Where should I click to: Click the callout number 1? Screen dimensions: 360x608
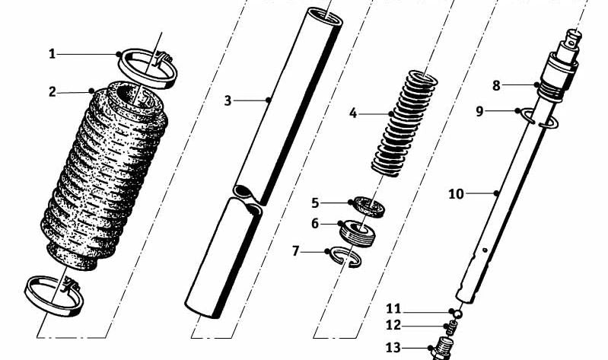[x=53, y=53]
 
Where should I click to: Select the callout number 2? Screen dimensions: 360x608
[x=53, y=92]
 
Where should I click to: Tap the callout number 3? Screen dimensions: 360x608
[x=228, y=100]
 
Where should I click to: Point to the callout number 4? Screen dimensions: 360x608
[x=353, y=113]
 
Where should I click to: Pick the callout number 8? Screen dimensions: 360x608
[x=496, y=86]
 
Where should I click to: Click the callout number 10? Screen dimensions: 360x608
[x=455, y=194]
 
